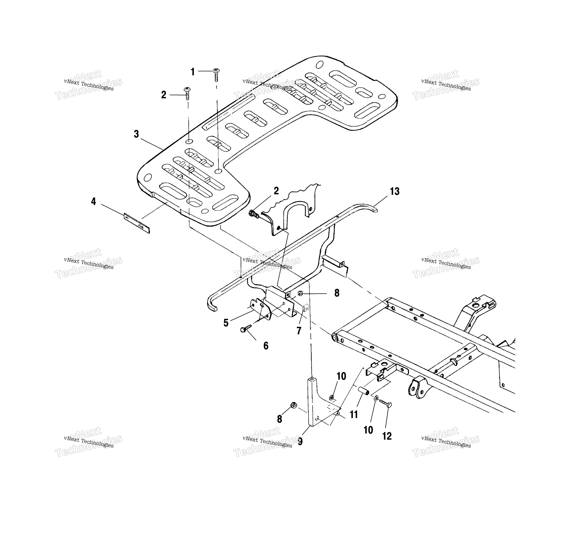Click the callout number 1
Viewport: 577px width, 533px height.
pos(193,72)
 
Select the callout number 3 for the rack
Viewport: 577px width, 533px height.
pos(136,134)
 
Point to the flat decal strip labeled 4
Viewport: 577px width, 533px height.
pos(137,223)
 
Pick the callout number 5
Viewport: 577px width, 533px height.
pos(226,323)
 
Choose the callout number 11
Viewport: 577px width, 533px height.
pos(354,415)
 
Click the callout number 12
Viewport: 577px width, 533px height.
pos(387,436)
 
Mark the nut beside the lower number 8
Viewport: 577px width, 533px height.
pos(293,405)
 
